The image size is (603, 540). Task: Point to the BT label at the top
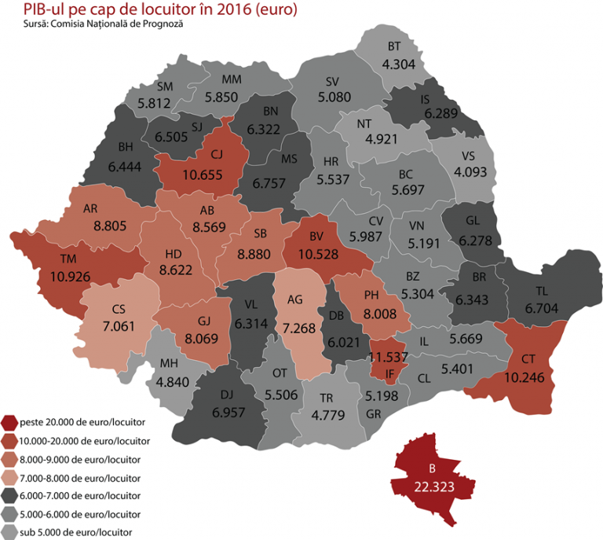[x=394, y=46]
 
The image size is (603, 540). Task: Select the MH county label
[x=169, y=363]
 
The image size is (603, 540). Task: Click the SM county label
[x=165, y=86]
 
